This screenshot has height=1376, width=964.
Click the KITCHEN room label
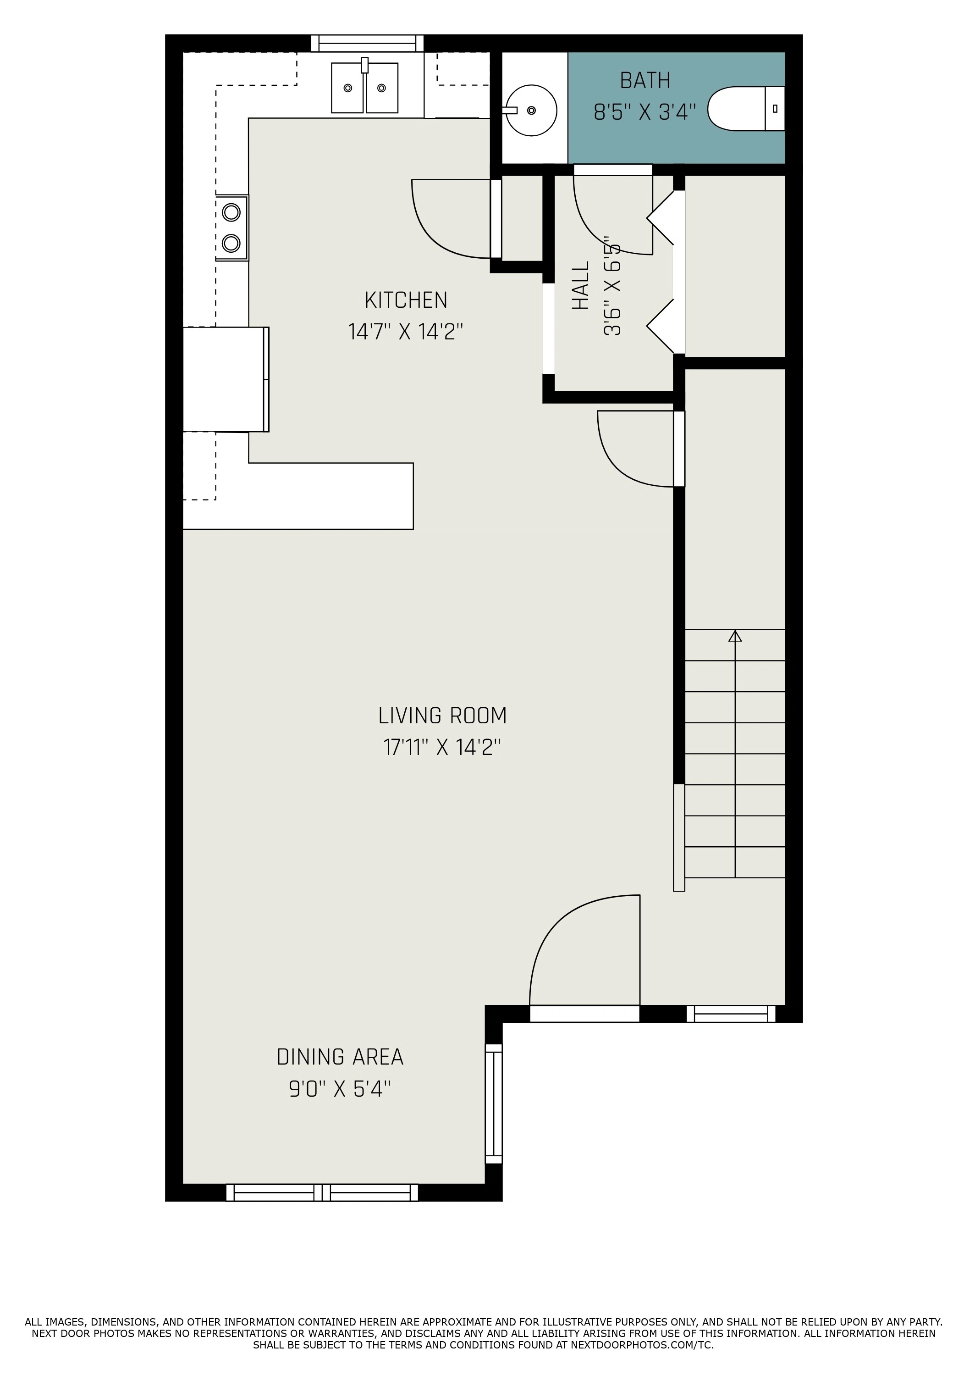[406, 300]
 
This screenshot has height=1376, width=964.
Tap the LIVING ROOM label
[442, 716]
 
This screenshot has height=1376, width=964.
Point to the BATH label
[645, 80]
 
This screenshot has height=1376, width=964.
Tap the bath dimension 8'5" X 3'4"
[645, 112]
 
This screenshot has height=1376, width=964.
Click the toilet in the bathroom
[746, 108]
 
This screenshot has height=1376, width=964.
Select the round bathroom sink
[531, 110]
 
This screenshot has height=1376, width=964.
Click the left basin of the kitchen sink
[347, 88]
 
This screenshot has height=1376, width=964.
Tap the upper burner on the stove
[231, 212]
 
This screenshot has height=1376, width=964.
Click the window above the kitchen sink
[367, 43]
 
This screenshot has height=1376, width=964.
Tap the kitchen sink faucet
[364, 65]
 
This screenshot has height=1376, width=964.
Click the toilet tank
[775, 108]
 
